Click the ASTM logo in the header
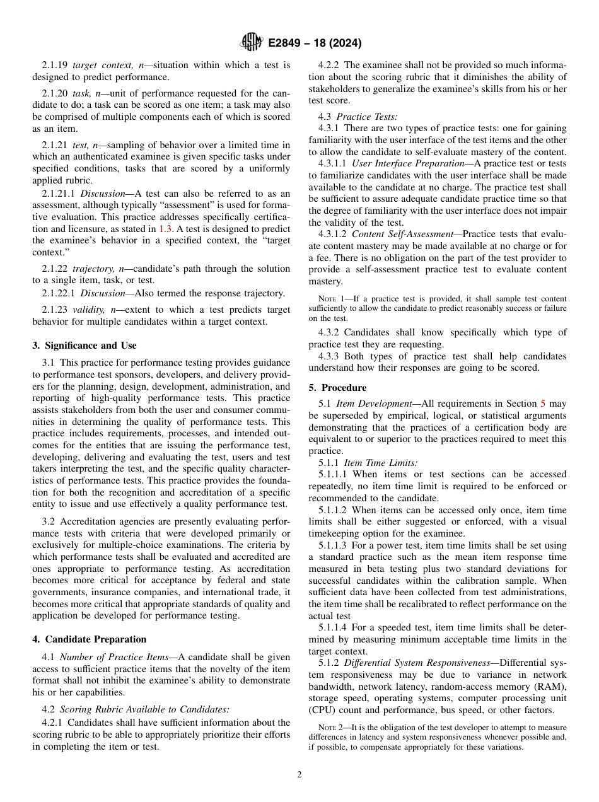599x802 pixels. pyautogui.click(x=252, y=42)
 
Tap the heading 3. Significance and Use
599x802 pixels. pyautogui.click(x=84, y=346)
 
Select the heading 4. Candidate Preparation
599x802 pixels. pyautogui.click(x=90, y=639)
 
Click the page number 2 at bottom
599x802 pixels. pyautogui.click(x=299, y=775)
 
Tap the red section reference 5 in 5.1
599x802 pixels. pyautogui.click(x=544, y=404)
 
